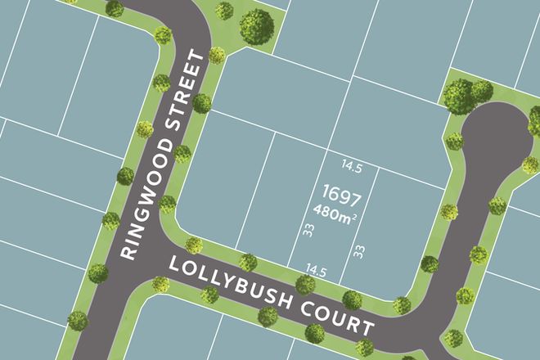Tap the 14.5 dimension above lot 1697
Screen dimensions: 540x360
coord(353,169)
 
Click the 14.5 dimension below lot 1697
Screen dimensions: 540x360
coord(316,268)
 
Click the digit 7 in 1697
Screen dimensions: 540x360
coord(358,196)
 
